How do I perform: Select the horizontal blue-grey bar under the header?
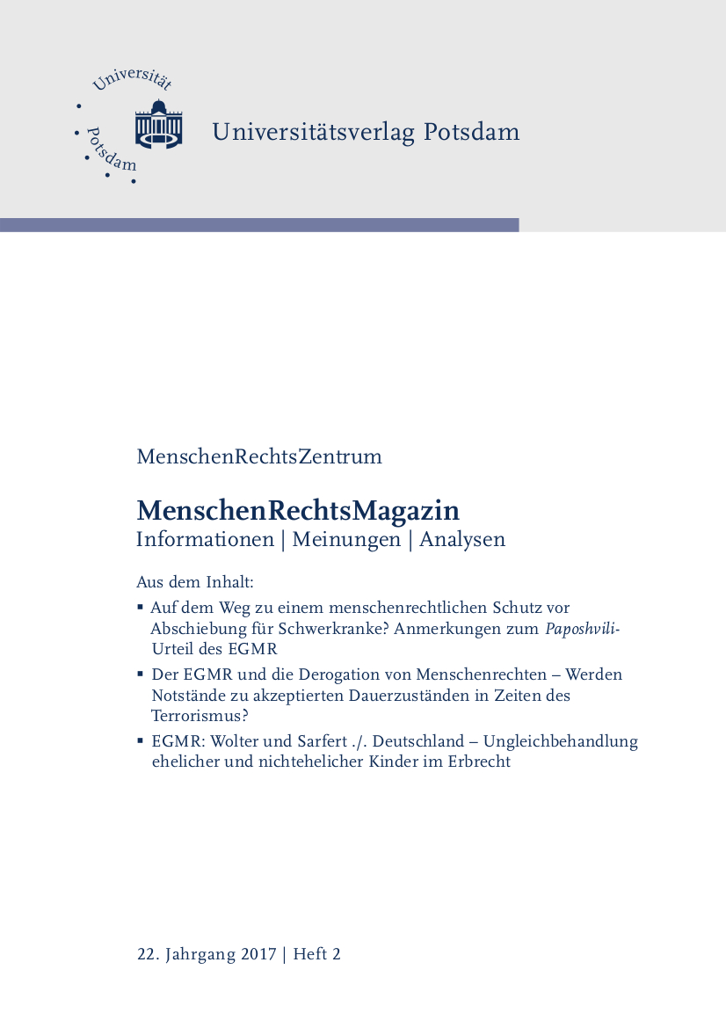click(259, 225)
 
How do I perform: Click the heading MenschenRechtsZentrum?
click(259, 457)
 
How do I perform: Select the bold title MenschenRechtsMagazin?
click(298, 510)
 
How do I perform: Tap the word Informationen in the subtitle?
click(205, 540)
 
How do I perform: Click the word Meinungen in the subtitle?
click(346, 540)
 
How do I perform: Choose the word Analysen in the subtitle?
click(462, 540)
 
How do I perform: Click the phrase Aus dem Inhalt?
click(195, 582)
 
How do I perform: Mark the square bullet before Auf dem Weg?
click(141, 607)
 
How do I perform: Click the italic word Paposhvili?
click(583, 629)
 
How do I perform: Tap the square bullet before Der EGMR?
click(141, 674)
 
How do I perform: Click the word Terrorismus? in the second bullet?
click(200, 716)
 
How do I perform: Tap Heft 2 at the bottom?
click(316, 954)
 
